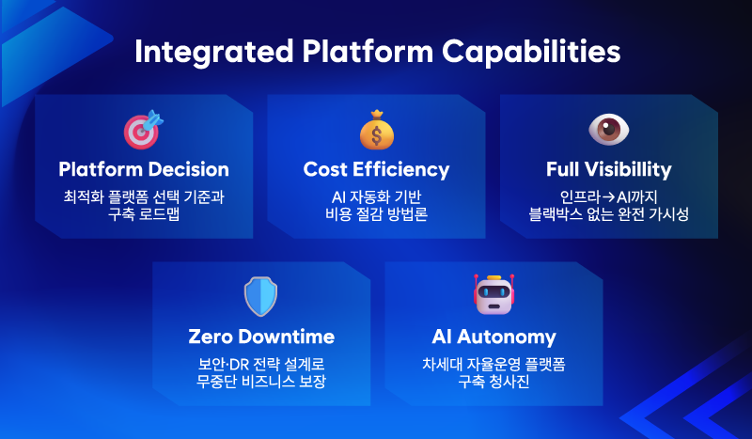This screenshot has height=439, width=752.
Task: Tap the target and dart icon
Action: [x=143, y=130]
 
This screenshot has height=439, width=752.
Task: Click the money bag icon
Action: [x=376, y=130]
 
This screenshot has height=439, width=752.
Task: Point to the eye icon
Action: [x=608, y=130]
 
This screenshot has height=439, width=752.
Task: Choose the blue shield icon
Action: [x=260, y=296]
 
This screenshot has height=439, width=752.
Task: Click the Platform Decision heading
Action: [x=144, y=170]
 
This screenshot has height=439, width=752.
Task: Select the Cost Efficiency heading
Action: [x=376, y=170]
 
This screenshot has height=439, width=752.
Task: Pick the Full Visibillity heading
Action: [x=608, y=170]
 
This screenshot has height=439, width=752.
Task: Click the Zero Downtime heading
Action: [x=261, y=337]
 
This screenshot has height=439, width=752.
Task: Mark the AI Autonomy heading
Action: [x=493, y=337]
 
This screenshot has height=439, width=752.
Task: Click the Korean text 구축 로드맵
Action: [x=144, y=214]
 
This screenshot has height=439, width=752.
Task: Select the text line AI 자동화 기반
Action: [x=376, y=196]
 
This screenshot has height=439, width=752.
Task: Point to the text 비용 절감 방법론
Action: [x=376, y=214]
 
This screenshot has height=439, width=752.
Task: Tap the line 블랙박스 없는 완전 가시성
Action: [x=608, y=214]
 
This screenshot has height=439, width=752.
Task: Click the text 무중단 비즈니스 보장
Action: [x=261, y=381]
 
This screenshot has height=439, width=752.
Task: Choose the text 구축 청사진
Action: [x=493, y=381]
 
